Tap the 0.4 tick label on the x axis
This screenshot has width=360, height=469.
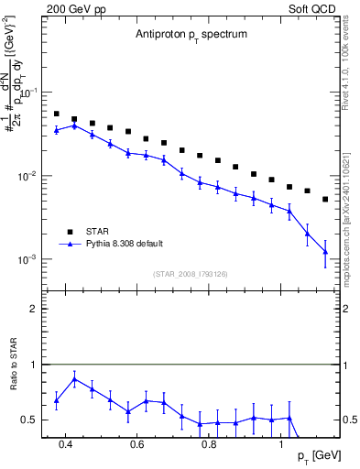[65, 444]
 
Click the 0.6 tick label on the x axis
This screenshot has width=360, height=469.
[137, 444]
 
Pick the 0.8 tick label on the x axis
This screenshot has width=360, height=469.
[209, 444]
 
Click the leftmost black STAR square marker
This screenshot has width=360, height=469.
[57, 115]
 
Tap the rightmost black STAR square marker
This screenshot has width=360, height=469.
[325, 199]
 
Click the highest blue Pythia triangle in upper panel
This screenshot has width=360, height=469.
[75, 125]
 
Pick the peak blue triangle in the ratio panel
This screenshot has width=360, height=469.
[75, 378]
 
